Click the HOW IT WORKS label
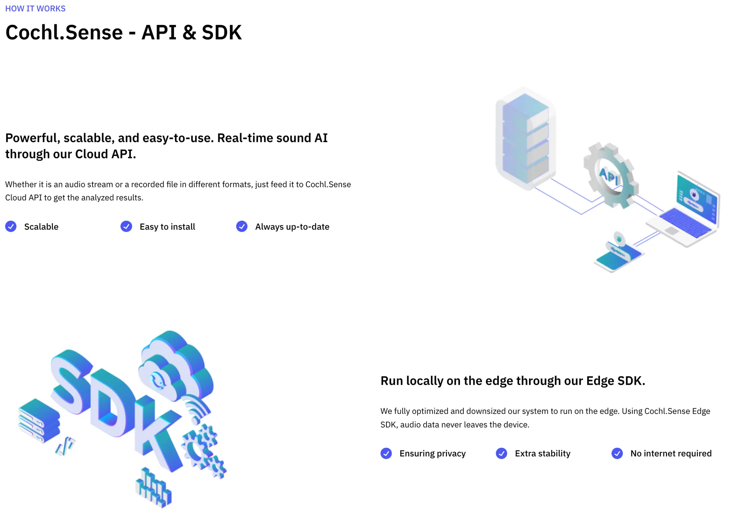(x=35, y=9)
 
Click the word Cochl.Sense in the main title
(x=64, y=33)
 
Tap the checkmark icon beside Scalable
(x=11, y=226)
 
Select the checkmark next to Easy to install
(x=126, y=226)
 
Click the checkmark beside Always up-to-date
(x=242, y=226)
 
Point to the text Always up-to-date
(x=292, y=227)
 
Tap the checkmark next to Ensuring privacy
(x=386, y=453)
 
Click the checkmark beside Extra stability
(x=501, y=453)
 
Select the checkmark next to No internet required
(x=617, y=453)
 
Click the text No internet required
(x=671, y=454)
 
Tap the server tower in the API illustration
(x=525, y=138)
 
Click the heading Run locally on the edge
(x=513, y=381)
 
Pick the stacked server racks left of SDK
(x=39, y=421)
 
